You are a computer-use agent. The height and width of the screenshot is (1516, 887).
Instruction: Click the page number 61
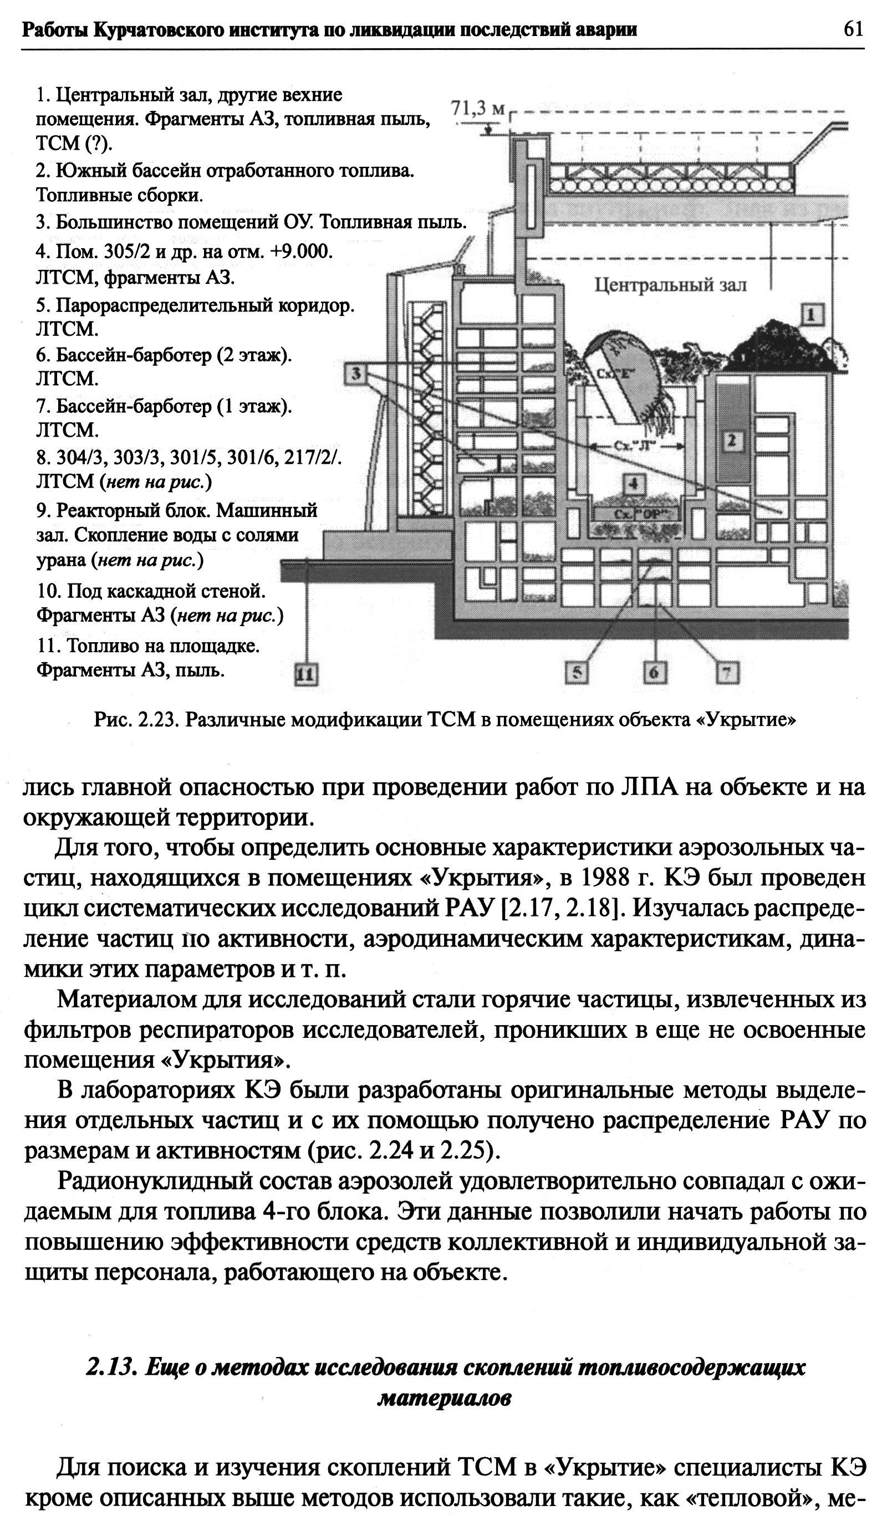(853, 29)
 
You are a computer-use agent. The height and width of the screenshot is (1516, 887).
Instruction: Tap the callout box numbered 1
(812, 314)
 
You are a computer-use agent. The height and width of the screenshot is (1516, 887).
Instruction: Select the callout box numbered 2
(732, 441)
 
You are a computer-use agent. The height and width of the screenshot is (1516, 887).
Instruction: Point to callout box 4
(634, 484)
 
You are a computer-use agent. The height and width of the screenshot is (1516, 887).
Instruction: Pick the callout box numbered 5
(577, 673)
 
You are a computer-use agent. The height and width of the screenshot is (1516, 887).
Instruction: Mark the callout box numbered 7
(727, 673)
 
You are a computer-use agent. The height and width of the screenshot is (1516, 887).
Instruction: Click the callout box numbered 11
(307, 674)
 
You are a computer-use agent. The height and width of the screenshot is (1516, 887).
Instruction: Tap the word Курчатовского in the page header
(155, 29)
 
